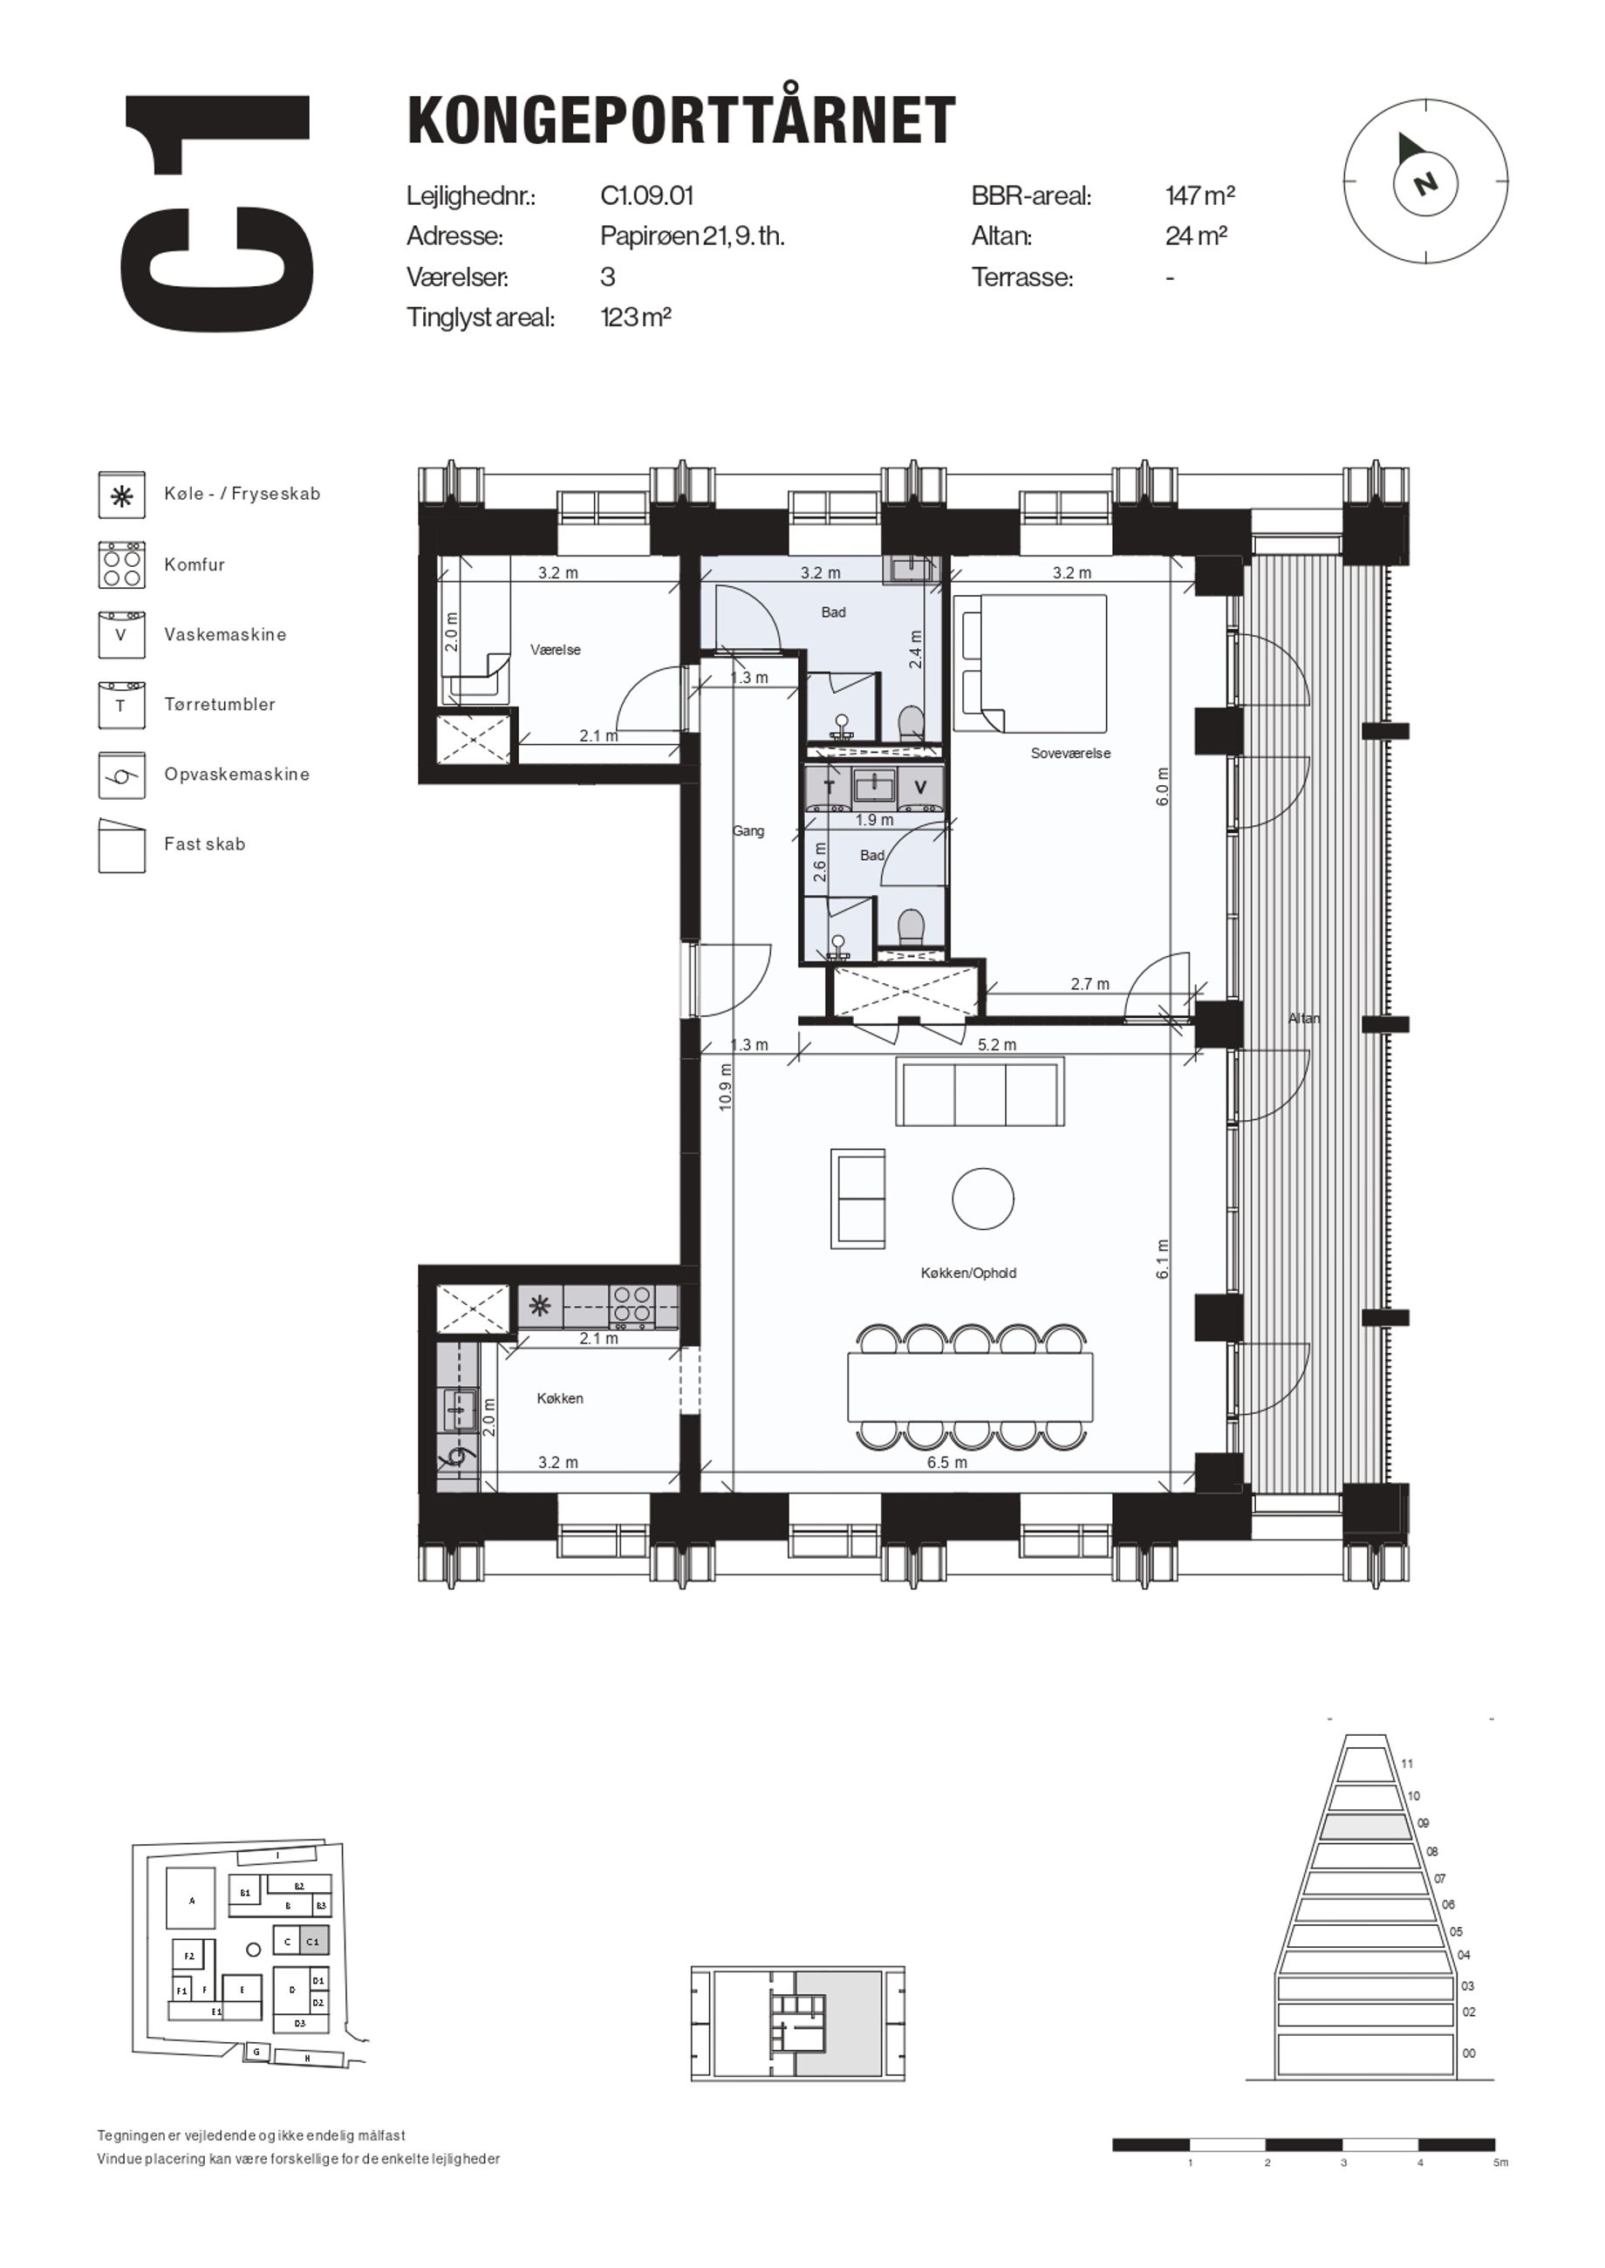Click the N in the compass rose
(1424, 183)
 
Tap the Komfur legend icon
(121, 565)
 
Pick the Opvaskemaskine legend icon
(121, 775)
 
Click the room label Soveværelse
(1070, 753)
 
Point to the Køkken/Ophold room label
(967, 1273)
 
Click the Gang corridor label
(748, 831)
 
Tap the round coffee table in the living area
(982, 1198)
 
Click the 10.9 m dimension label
(726, 1087)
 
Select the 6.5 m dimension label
(946, 1463)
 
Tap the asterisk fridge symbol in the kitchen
(540, 1307)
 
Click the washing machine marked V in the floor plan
(920, 788)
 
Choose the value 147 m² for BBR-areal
(1199, 195)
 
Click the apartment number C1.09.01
(647, 195)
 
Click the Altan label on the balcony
(1303, 1018)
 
